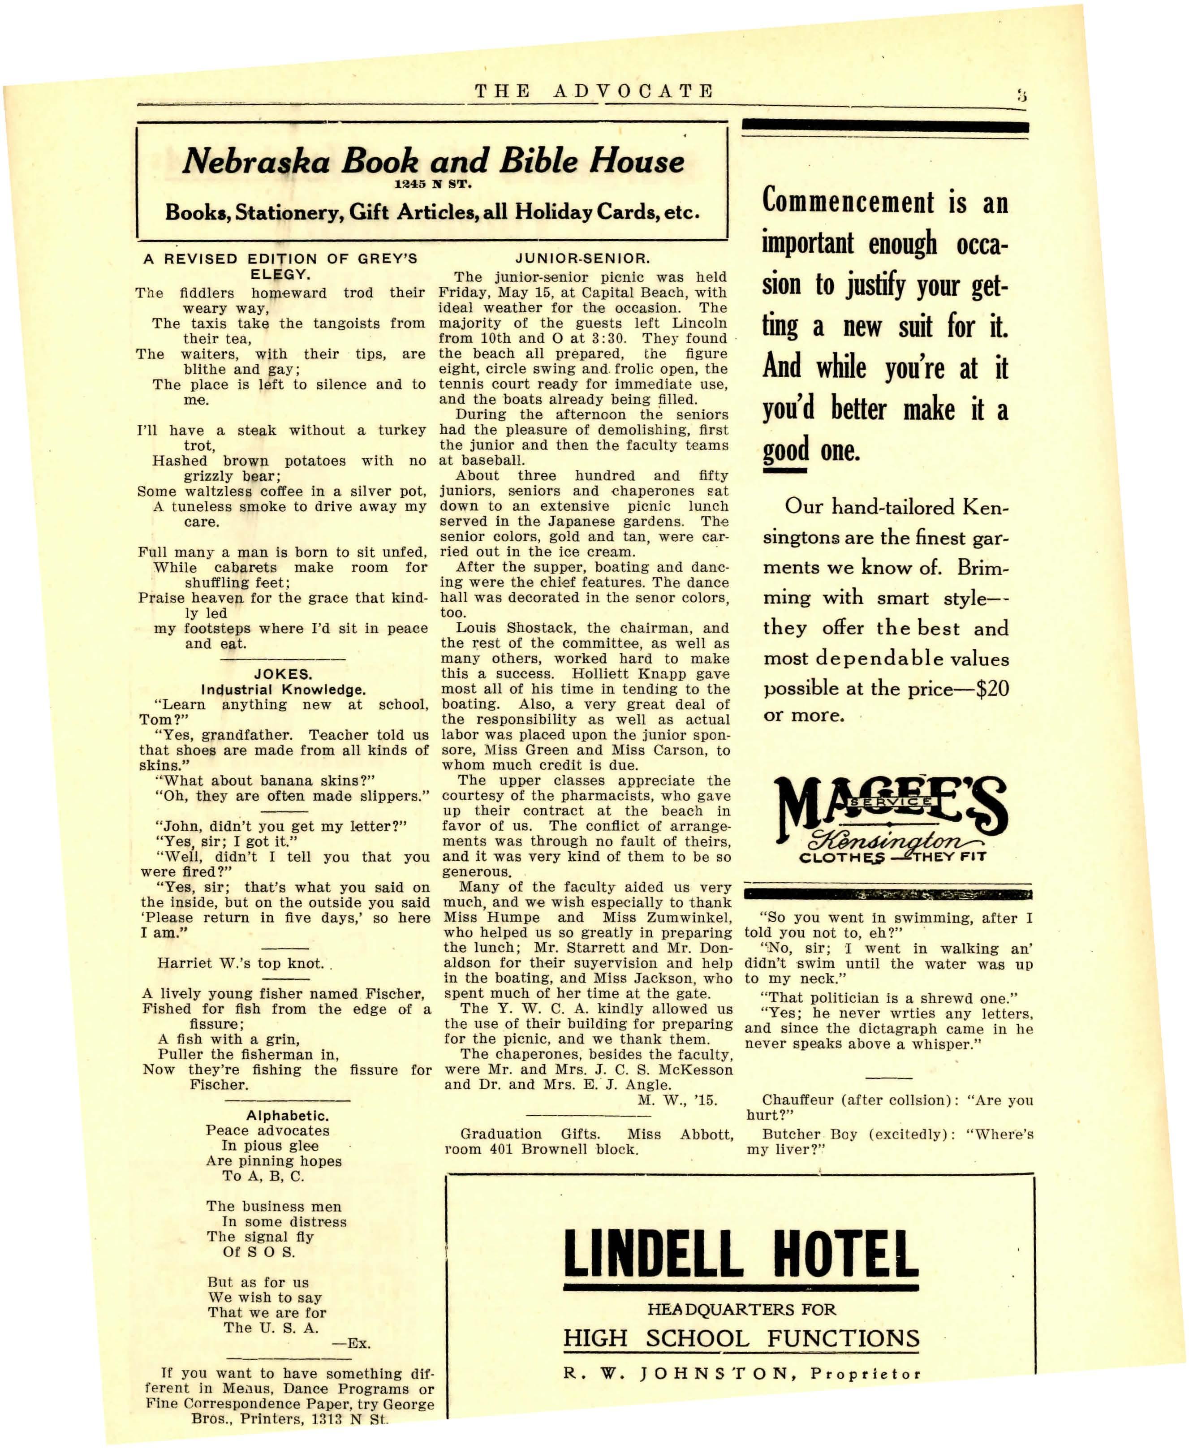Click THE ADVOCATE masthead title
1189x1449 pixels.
coord(594,91)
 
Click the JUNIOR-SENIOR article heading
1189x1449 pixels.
coord(582,259)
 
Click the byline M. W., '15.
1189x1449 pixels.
coord(676,1100)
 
